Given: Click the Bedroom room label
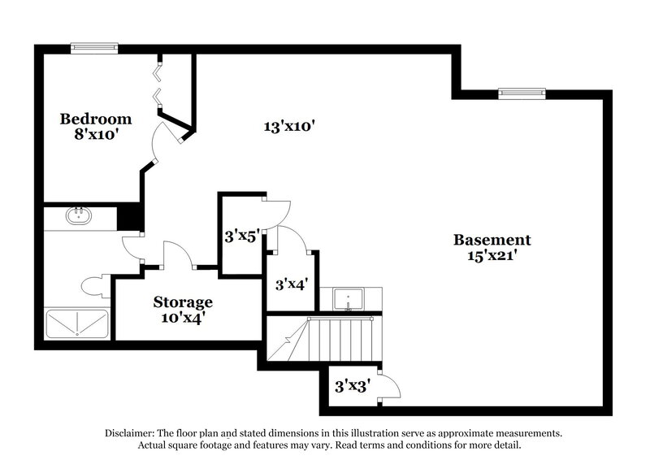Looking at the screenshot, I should point(96,119).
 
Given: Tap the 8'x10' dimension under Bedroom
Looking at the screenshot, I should point(96,134).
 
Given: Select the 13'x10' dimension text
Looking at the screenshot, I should point(288,126).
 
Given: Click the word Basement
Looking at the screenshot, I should point(492,240).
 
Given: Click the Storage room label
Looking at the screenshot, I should point(183,302).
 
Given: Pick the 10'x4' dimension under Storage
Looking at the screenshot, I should point(183,318).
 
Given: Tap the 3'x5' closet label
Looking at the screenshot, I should point(241,236).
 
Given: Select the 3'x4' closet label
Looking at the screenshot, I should point(290,284).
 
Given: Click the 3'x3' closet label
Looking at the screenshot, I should point(353,386).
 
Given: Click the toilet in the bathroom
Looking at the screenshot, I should point(94,286).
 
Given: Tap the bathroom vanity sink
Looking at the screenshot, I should point(79,216).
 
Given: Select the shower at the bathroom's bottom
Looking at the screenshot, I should point(77,323).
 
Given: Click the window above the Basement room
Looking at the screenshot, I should point(521,92).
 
